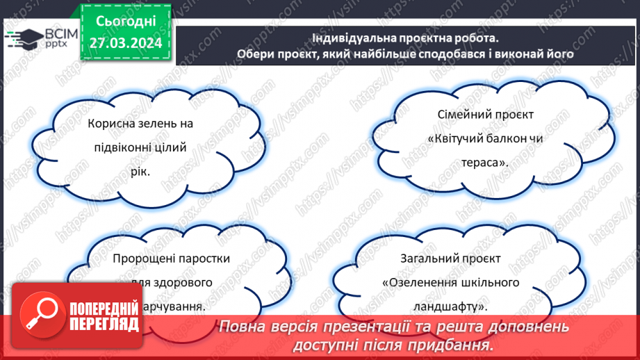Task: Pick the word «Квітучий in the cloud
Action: [x=454, y=138]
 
